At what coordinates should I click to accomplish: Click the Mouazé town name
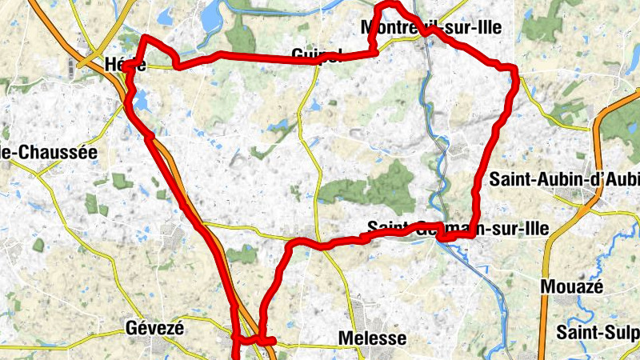click(572, 286)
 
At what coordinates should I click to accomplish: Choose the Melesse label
click(373, 338)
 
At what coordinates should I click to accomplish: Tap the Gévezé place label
click(155, 328)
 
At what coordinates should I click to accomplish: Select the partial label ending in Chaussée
click(48, 151)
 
